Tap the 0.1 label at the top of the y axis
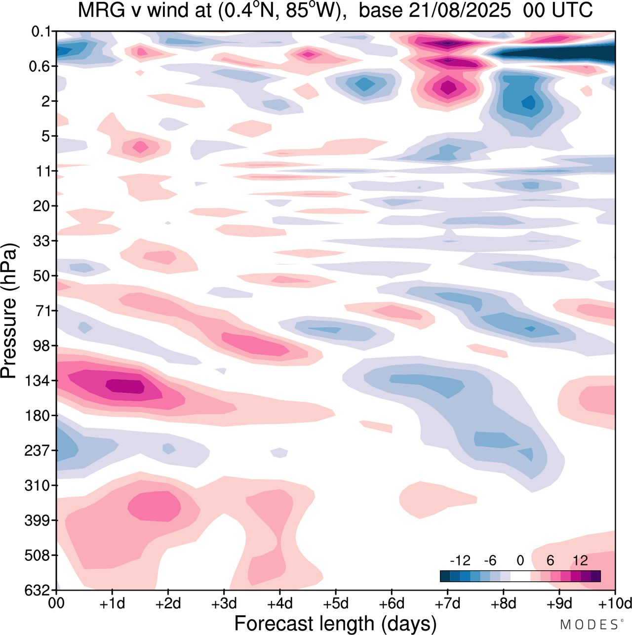[41, 32]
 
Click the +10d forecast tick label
[614, 603]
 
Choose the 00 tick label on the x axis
[57, 603]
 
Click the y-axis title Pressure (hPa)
[9, 311]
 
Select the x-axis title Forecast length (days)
[335, 623]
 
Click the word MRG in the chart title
[97, 10]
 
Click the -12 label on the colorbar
[460, 560]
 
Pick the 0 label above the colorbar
[520, 560]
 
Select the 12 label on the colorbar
[580, 560]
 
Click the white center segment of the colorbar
[520, 576]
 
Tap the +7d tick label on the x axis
[447, 603]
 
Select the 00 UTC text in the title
[557, 10]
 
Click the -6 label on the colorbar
[490, 560]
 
